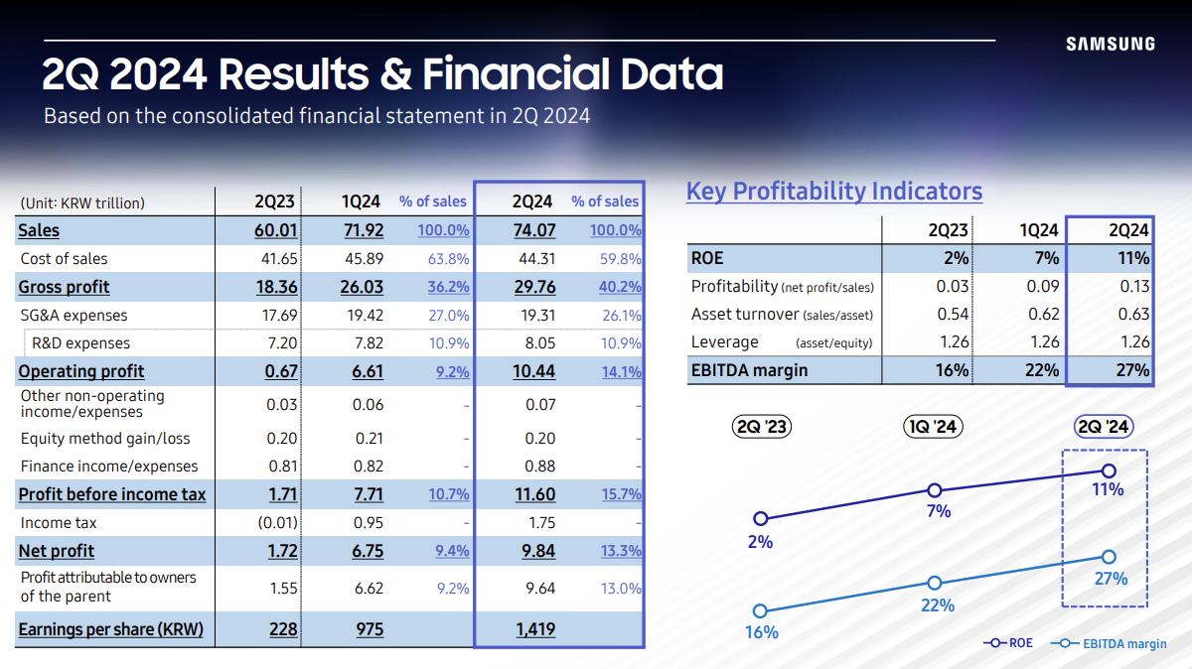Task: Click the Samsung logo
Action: point(1110,44)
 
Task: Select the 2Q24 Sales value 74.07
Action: point(532,230)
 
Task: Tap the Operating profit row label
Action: point(81,371)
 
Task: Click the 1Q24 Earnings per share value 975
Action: point(367,629)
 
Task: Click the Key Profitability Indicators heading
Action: point(833,192)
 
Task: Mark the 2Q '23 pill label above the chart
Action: point(762,427)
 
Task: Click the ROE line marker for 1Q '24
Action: point(934,490)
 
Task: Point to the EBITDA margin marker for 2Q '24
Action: point(1110,557)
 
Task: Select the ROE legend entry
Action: point(1008,643)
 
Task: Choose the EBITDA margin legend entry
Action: point(1111,643)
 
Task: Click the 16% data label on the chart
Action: point(762,632)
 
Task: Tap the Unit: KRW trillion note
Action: point(82,202)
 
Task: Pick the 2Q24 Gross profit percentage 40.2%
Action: point(621,287)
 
